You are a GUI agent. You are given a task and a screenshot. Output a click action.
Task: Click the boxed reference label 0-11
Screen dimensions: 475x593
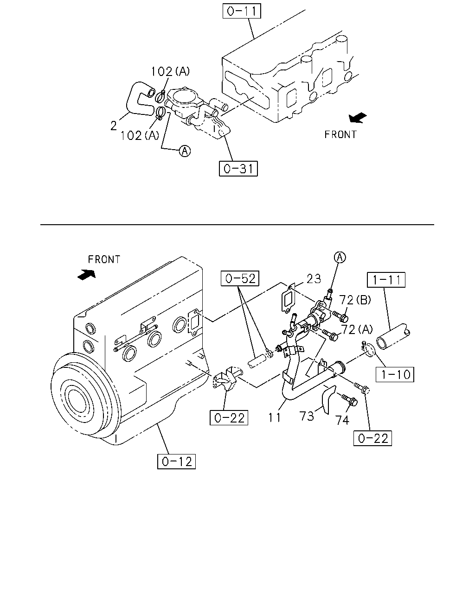(x=242, y=11)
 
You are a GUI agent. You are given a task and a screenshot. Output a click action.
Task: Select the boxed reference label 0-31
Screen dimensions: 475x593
(x=238, y=168)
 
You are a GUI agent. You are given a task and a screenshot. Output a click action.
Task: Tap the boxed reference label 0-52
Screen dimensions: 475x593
(x=240, y=278)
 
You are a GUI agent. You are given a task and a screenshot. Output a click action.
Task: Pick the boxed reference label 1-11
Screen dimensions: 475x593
(x=386, y=280)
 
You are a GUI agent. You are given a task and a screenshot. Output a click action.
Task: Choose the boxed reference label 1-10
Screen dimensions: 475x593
(x=395, y=374)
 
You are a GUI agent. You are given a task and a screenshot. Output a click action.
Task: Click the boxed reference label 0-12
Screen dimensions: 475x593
(x=176, y=461)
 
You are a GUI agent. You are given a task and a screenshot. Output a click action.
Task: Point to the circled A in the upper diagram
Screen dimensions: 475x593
(x=185, y=151)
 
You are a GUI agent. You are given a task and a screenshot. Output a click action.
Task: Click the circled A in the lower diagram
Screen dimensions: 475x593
(x=340, y=258)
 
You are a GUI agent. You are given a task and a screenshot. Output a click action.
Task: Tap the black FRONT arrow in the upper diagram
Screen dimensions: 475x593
(x=358, y=118)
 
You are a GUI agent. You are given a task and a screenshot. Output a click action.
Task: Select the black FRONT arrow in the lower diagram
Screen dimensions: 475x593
(x=87, y=275)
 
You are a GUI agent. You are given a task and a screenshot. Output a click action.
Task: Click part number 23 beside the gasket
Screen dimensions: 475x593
(x=314, y=279)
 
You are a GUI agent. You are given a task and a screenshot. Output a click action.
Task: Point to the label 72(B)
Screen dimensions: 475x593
(x=355, y=300)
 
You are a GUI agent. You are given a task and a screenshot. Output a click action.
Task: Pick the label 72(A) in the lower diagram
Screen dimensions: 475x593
(x=357, y=329)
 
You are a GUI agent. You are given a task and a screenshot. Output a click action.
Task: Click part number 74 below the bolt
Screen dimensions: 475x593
(x=342, y=420)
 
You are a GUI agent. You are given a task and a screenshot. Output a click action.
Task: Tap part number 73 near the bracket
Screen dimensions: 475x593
(x=307, y=416)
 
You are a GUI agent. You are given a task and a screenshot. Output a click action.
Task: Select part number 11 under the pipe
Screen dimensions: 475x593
(x=274, y=418)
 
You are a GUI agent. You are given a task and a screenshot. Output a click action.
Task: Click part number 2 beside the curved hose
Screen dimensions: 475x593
(x=114, y=126)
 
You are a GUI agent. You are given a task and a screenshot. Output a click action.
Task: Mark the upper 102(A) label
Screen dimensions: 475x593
(x=170, y=71)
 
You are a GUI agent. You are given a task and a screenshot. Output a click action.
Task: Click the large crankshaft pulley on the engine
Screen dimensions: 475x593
(x=85, y=396)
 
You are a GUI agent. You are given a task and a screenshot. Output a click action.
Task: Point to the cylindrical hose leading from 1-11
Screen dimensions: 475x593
(x=393, y=336)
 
